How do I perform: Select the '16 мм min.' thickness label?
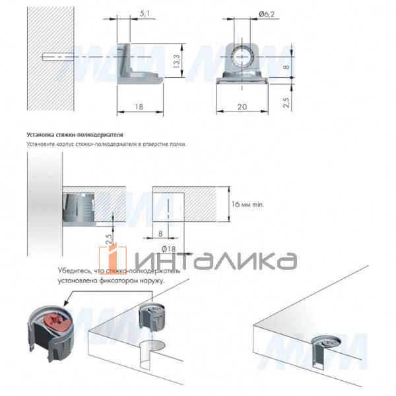tap(249, 206)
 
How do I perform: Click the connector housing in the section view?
tap(79, 206)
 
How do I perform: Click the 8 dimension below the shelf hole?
tap(161, 232)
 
